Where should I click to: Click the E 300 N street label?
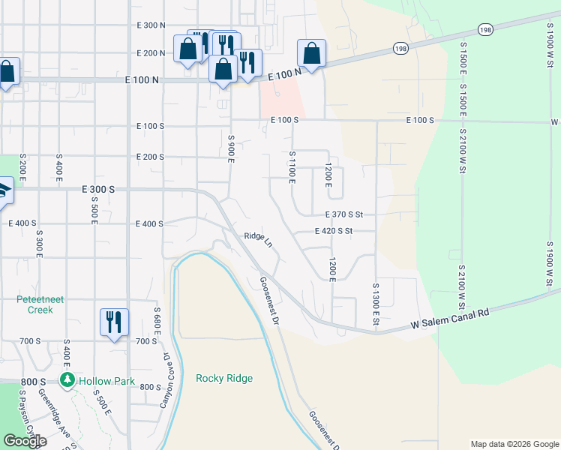[x=151, y=25]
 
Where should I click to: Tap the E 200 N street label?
[x=151, y=53]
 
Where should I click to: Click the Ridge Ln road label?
[x=258, y=238]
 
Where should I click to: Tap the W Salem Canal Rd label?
[x=450, y=319]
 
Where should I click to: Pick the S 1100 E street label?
[x=292, y=166]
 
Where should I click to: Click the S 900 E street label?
[x=231, y=149]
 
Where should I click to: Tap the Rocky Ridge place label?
[x=224, y=378]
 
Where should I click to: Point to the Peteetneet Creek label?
[x=35, y=304]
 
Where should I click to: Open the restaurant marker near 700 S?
[x=114, y=323]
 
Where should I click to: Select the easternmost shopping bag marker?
[x=311, y=54]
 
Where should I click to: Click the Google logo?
[x=25, y=441]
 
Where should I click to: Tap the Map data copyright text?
[x=514, y=444]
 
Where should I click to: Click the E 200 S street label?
[x=150, y=157]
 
